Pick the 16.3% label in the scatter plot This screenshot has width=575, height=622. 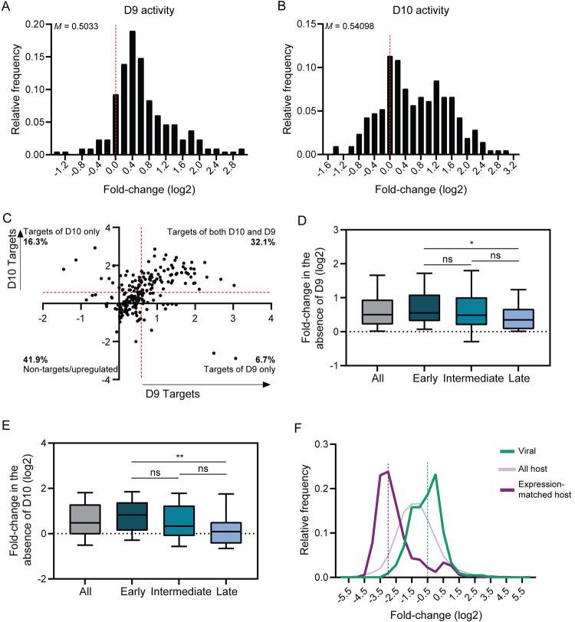(x=34, y=241)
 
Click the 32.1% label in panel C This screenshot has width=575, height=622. (x=261, y=241)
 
